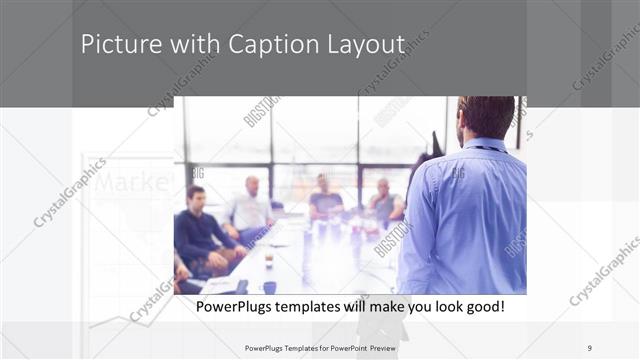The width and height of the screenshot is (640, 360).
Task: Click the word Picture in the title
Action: pos(116,45)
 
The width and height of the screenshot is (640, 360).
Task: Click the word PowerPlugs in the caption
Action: pos(232,306)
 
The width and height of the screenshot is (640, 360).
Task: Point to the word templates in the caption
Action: pos(312,306)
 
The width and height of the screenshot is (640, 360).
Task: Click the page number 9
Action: pos(589,347)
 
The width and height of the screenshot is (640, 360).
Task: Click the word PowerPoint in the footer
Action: pos(339,347)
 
